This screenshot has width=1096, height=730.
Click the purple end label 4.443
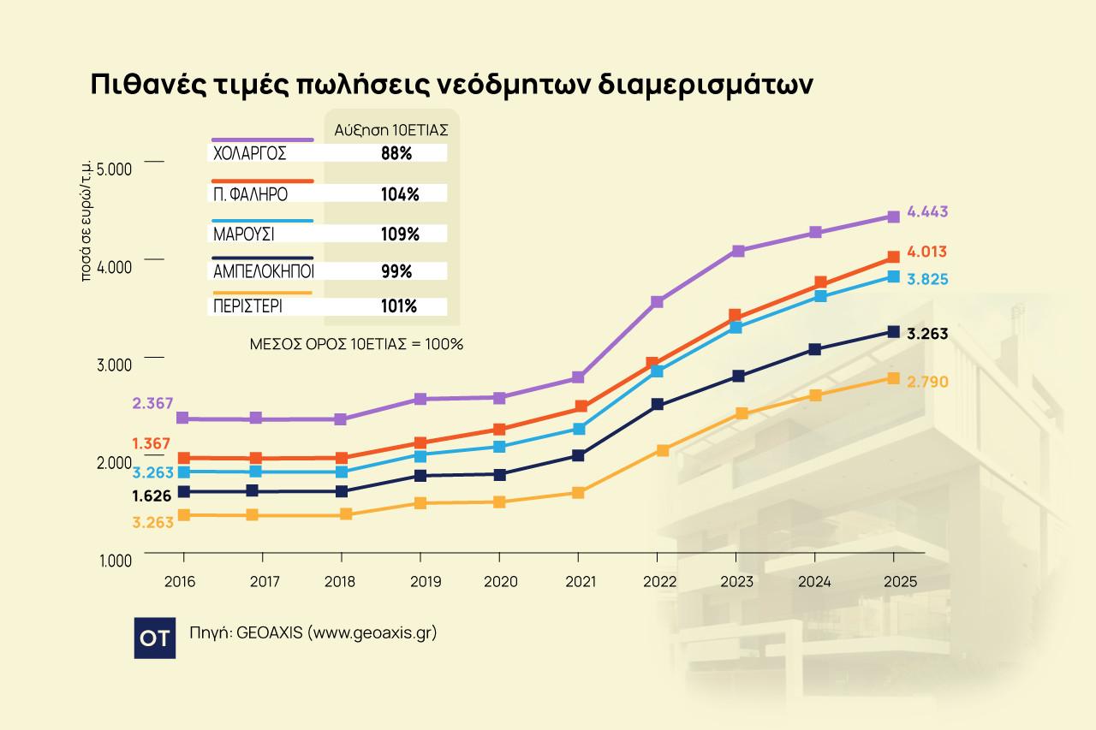(x=927, y=212)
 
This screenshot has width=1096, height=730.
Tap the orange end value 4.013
(x=927, y=252)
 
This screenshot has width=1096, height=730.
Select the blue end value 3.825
(x=927, y=280)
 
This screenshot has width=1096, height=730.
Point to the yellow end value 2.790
(x=927, y=382)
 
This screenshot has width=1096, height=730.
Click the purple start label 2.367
(x=153, y=403)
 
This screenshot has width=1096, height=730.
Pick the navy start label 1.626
(x=152, y=496)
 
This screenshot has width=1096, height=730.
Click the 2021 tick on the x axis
(x=580, y=582)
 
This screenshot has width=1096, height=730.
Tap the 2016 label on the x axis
(x=179, y=582)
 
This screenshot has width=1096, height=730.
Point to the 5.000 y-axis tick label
(x=115, y=168)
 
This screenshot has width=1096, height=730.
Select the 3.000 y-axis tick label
(x=115, y=365)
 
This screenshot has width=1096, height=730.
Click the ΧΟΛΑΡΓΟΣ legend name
(x=249, y=154)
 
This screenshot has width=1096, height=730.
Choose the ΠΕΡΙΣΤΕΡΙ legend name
(x=249, y=306)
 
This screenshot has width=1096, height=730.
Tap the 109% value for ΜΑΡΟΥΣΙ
(x=399, y=234)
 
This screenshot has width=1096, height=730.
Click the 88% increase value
(x=396, y=154)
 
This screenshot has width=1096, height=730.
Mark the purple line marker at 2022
(x=657, y=302)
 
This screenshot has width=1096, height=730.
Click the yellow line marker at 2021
(x=579, y=493)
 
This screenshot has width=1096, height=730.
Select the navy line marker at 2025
(x=893, y=332)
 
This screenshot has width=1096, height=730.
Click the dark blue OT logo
(x=155, y=638)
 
